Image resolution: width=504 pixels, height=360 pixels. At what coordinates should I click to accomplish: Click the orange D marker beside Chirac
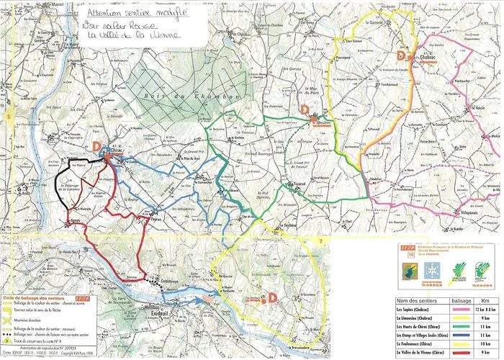coord(96,145)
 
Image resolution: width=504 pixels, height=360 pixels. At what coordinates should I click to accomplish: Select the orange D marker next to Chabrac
coord(402,55)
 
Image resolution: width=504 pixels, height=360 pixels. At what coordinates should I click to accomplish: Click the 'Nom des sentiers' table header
coord(417,300)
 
